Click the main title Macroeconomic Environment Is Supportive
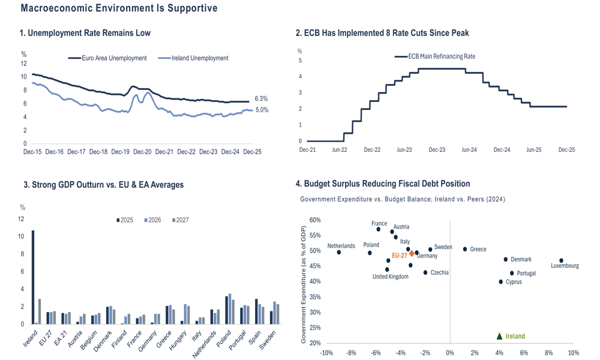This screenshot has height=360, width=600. click(119, 8)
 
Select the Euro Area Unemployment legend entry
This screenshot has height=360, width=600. click(107, 58)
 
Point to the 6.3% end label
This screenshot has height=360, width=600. click(261, 98)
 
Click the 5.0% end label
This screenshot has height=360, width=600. click(261, 110)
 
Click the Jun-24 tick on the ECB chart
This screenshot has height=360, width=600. click(469, 150)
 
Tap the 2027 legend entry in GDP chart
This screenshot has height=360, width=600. click(179, 220)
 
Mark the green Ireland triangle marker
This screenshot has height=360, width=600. click(499, 337)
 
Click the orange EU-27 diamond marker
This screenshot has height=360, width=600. click(412, 254)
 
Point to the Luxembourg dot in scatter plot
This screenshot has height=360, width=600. click(561, 261)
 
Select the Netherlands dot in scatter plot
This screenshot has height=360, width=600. click(339, 253)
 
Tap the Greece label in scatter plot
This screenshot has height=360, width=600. click(478, 249)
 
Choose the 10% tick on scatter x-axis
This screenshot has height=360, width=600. click(573, 353)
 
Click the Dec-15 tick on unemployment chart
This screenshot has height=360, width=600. click(32, 152)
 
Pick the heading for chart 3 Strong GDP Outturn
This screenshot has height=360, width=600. click(101, 185)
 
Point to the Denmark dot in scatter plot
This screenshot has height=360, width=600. click(506, 260)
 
